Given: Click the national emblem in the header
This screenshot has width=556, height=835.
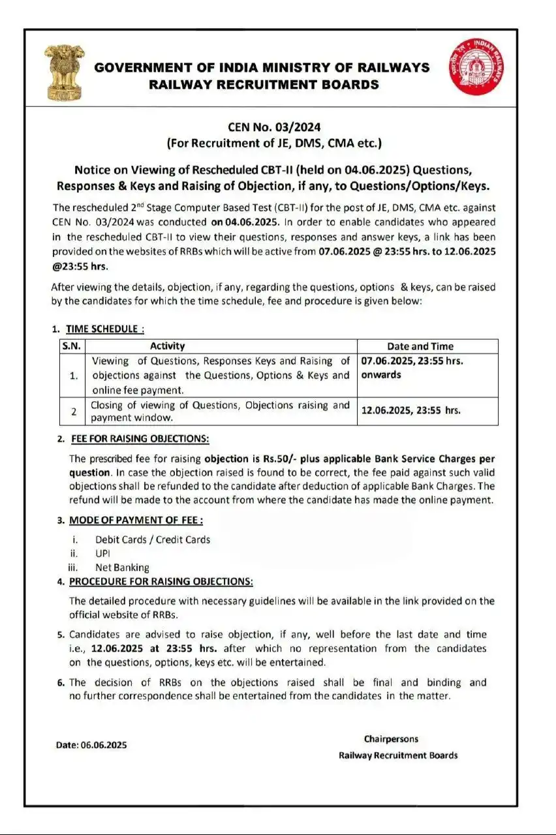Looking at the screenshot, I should (x=61, y=74).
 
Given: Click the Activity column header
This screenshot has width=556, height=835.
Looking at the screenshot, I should (x=167, y=346).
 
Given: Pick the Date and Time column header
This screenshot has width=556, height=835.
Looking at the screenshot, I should (x=420, y=346).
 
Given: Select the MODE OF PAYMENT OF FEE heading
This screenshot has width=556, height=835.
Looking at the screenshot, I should (x=136, y=520).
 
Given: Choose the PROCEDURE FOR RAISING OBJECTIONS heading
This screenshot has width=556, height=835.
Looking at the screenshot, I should (x=161, y=581).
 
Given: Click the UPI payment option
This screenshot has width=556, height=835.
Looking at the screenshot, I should (x=103, y=553).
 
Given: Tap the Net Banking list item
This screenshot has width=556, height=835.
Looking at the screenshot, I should (x=122, y=568).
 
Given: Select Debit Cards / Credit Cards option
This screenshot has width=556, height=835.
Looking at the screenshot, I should (x=153, y=539).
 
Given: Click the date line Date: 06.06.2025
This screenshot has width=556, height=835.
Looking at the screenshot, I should (x=91, y=745).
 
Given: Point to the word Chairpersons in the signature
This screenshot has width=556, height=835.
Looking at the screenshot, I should (x=392, y=739).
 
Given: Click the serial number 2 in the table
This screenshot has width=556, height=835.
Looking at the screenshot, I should (x=74, y=412).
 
